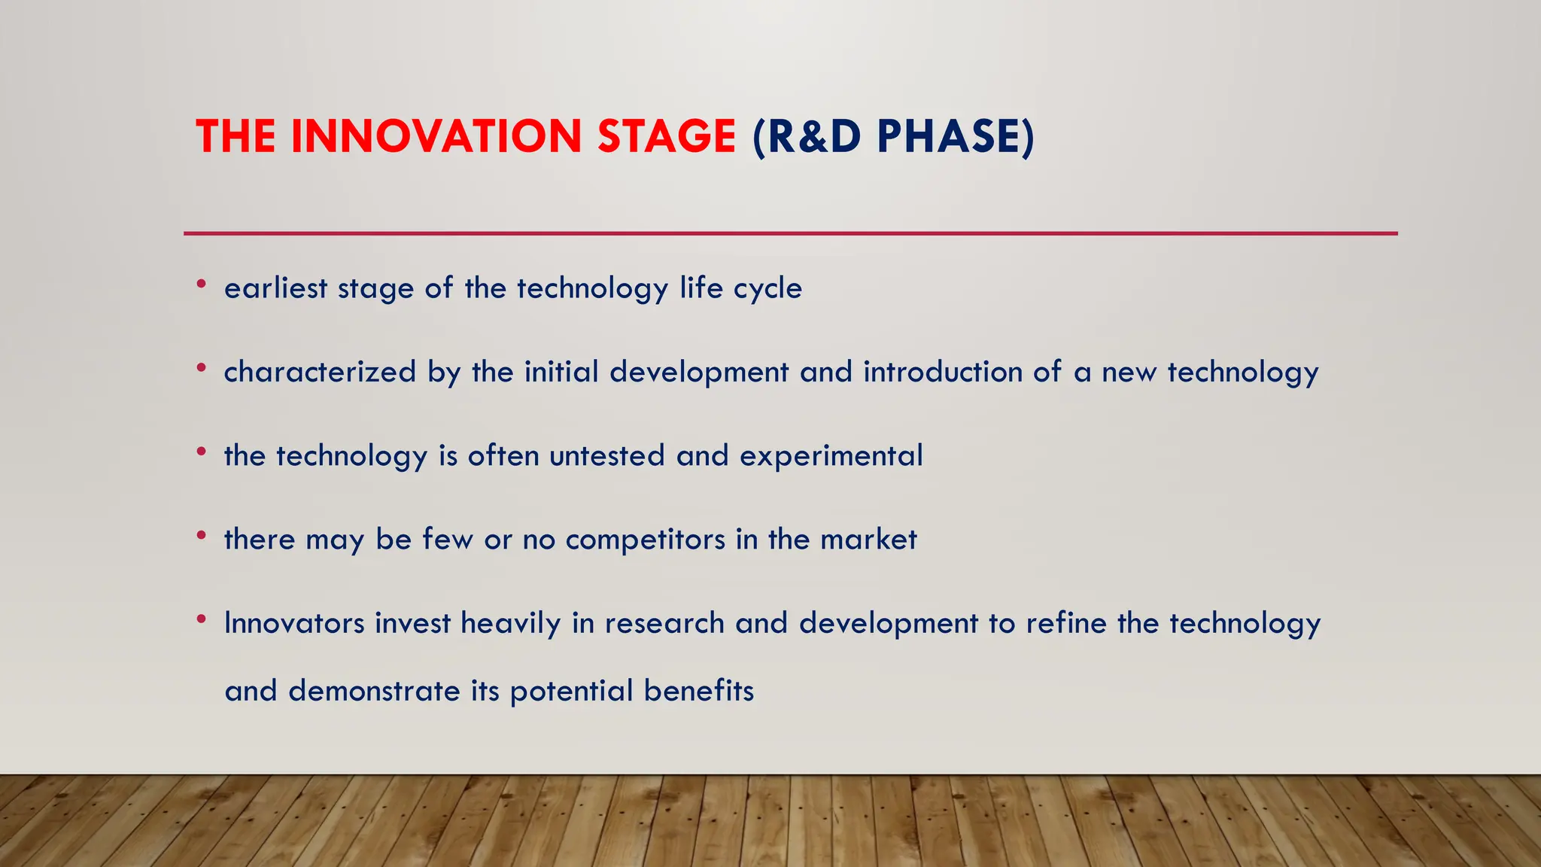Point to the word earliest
click(275, 288)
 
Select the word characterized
click(320, 372)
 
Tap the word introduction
click(943, 372)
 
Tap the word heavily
click(510, 625)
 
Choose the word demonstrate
click(374, 691)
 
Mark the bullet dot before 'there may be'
click(201, 536)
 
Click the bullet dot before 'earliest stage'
click(201, 284)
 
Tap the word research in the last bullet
click(664, 623)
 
